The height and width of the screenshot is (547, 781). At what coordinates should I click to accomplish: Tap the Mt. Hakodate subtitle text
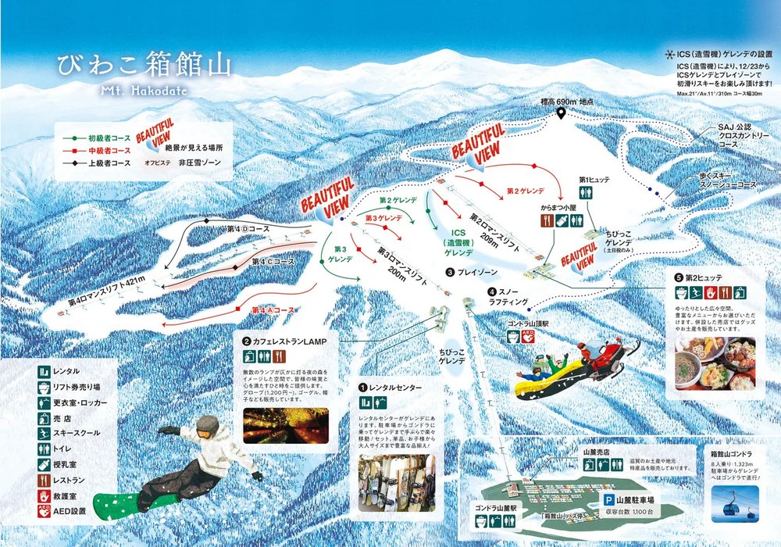tap(144, 90)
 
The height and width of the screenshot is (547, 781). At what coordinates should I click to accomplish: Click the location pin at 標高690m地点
tap(561, 115)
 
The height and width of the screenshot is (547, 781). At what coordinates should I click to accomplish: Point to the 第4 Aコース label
tap(273, 310)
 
